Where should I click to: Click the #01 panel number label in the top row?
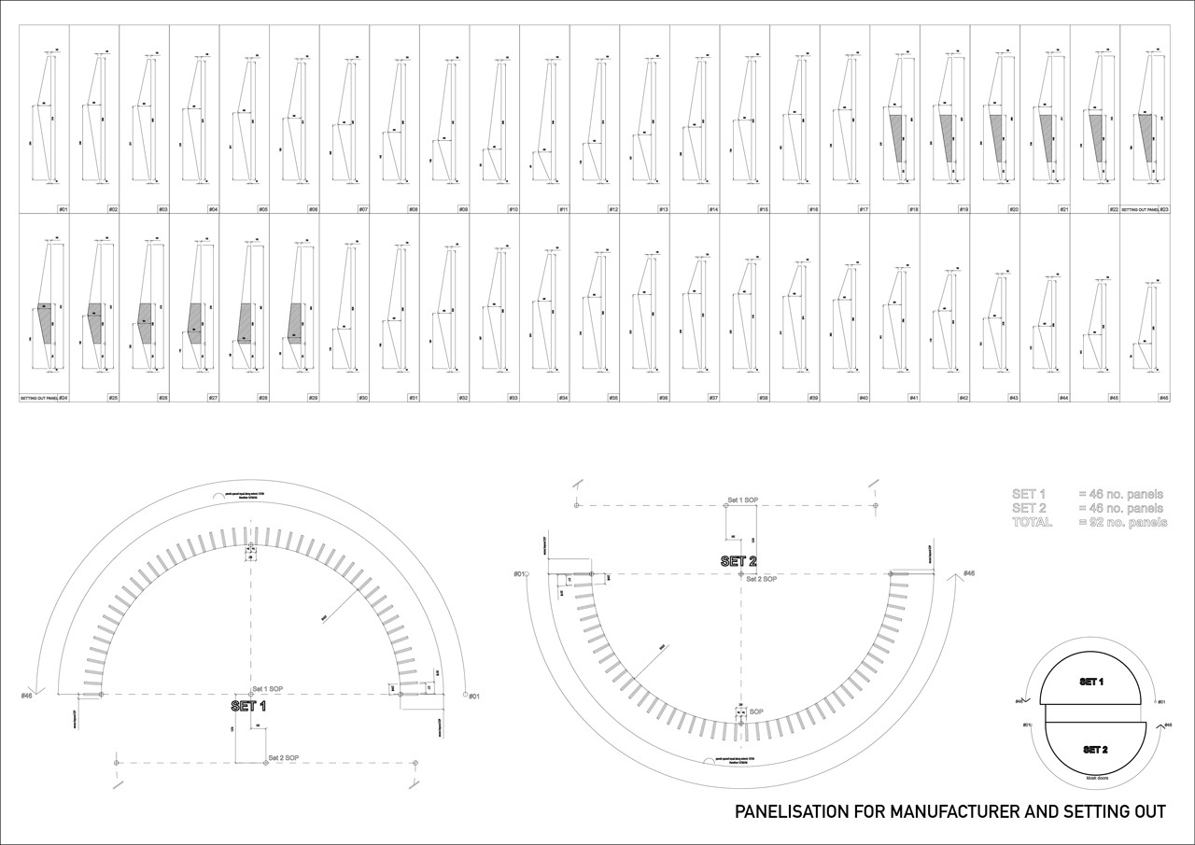(x=63, y=209)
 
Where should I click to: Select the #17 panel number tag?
(x=864, y=209)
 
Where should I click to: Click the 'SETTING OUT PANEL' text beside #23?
(x=1139, y=209)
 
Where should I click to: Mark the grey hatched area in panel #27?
(x=194, y=322)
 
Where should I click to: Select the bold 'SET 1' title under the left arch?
(x=249, y=707)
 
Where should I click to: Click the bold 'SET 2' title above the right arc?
(x=738, y=561)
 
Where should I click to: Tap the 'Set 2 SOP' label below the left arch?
(x=283, y=756)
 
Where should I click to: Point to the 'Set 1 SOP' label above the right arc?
(x=742, y=500)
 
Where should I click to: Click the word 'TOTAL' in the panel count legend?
(x=1032, y=522)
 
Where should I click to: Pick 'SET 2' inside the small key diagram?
(x=1096, y=749)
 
